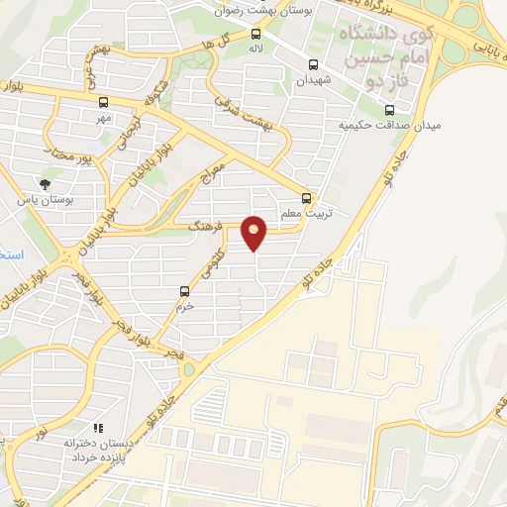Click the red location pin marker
(254, 233)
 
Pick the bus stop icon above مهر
(103, 101)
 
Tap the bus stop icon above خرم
(184, 291)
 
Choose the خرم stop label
(184, 306)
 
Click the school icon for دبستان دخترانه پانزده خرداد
(96, 426)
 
